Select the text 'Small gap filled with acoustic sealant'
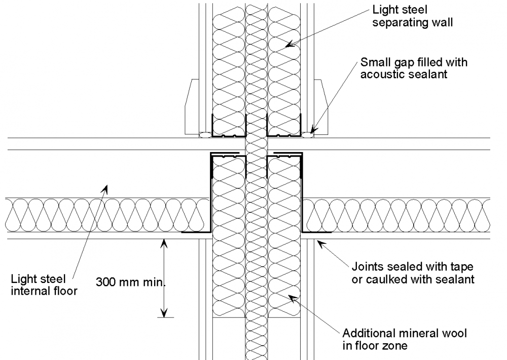tap(414, 68)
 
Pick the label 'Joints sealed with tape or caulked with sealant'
tap(413, 273)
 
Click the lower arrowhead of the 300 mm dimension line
tap(163, 313)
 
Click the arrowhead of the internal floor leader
tap(105, 189)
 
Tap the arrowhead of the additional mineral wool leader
tap(289, 297)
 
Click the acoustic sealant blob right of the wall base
tap(308, 135)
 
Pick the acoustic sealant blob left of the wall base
tap(205, 135)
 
